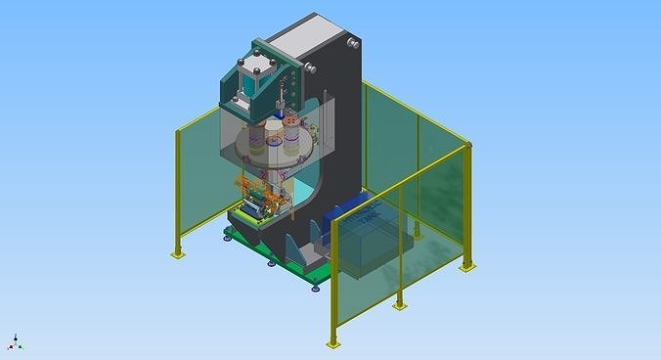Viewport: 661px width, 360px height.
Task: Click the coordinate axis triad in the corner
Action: (16, 342)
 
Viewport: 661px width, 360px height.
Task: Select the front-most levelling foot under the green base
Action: (315, 287)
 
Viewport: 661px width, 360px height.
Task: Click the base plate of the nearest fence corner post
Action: (333, 343)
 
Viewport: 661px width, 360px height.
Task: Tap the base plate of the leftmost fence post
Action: (177, 254)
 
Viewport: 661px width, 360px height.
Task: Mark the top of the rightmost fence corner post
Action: (469, 146)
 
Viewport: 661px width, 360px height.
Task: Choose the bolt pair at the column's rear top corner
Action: (351, 43)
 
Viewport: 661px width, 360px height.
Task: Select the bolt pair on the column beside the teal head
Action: (310, 67)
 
